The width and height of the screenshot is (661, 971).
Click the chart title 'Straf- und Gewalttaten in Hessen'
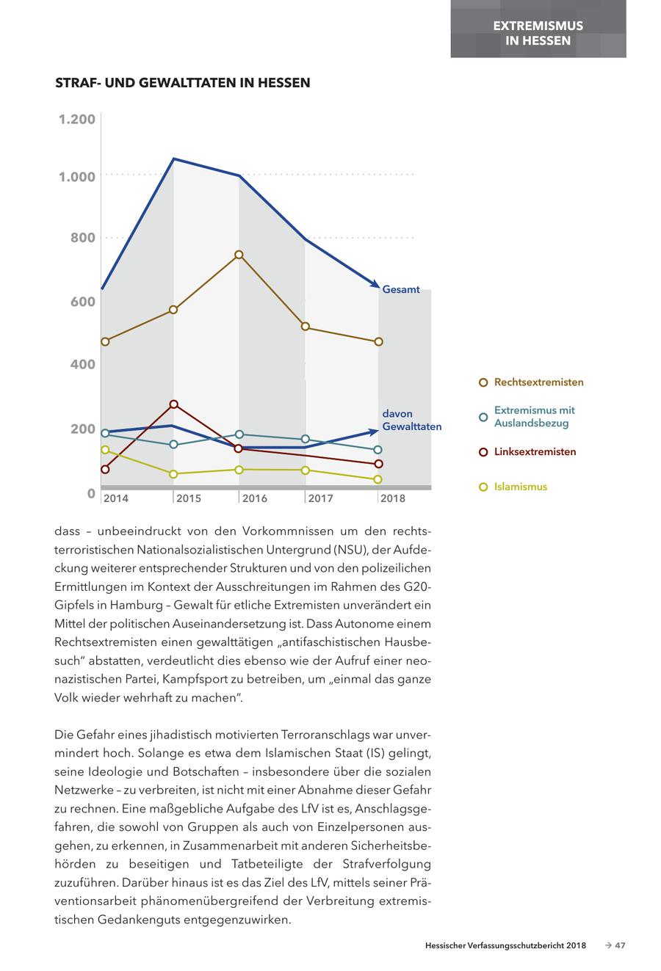[183, 83]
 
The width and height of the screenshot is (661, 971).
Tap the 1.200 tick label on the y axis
[77, 119]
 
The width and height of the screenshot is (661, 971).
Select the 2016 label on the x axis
[255, 498]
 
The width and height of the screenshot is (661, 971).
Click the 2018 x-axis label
[393, 498]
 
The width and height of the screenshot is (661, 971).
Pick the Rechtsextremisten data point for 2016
[239, 255]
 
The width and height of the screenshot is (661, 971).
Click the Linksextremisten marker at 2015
[174, 404]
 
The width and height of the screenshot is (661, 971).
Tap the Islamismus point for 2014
[105, 450]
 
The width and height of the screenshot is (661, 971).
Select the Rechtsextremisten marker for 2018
[378, 342]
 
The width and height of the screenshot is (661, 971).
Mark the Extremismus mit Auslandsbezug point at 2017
[306, 439]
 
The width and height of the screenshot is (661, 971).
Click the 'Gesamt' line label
[401, 289]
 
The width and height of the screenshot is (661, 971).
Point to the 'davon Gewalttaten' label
[411, 420]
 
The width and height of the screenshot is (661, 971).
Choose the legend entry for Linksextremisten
[534, 452]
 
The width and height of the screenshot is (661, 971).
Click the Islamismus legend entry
[520, 487]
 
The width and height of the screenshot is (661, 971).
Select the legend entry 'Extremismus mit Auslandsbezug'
[534, 416]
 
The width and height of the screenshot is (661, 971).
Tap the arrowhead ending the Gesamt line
[375, 284]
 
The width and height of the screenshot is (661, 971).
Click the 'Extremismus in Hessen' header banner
[538, 32]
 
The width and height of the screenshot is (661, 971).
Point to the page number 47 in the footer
[620, 946]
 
